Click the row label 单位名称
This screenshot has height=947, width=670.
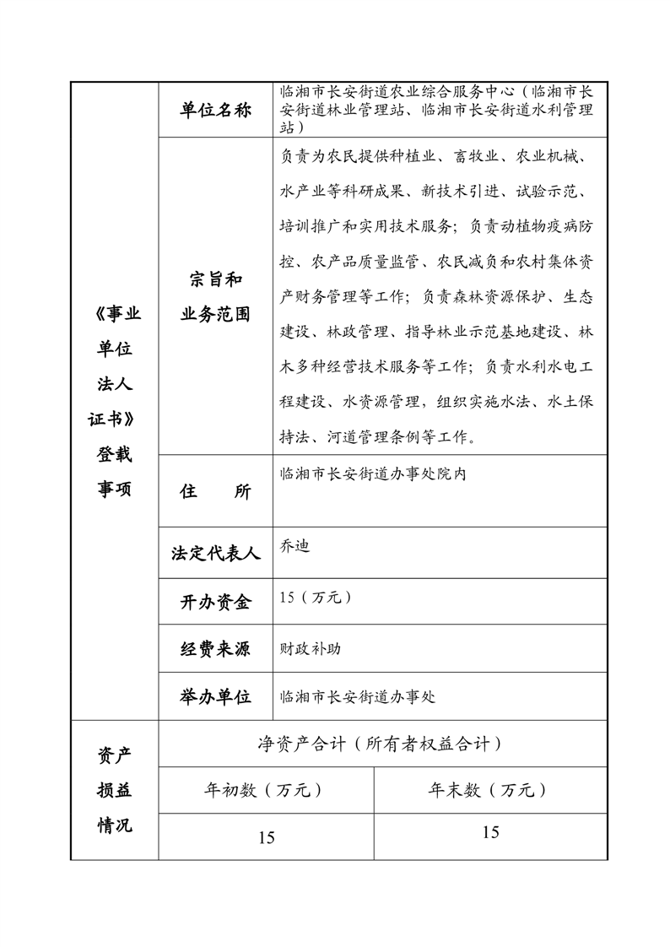215,111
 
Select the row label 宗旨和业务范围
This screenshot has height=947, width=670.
215,297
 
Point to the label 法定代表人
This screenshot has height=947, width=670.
215,554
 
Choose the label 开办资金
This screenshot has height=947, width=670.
215,602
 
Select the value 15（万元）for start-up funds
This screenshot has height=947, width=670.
316,598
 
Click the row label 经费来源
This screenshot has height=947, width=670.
215,649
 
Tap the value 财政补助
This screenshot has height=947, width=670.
311,650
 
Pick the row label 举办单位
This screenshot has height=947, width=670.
215,696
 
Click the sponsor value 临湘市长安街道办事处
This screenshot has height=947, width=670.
357,697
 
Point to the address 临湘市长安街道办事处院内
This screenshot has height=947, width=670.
372,473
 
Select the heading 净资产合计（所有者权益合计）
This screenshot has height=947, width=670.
381,744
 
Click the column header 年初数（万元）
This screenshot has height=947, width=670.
265,791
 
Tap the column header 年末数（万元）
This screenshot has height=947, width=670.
489,791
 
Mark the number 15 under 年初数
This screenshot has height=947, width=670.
266,837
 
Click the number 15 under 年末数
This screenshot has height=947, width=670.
490,832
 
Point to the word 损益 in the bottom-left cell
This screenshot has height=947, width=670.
114,790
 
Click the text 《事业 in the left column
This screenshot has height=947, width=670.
114,314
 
